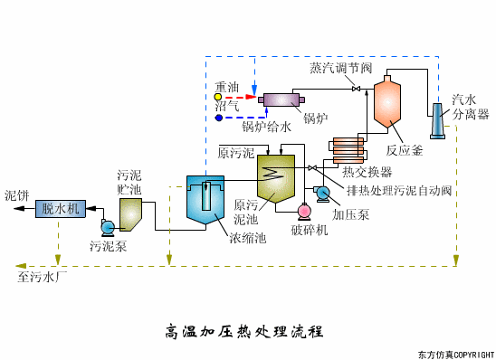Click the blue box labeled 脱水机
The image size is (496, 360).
tap(62, 209)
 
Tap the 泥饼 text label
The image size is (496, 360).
tap(17, 194)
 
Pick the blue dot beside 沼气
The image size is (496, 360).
tap(218, 118)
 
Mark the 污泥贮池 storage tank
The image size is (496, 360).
tap(131, 213)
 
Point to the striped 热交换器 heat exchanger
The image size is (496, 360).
tap(347, 150)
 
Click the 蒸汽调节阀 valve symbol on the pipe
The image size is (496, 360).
tap(357, 88)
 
